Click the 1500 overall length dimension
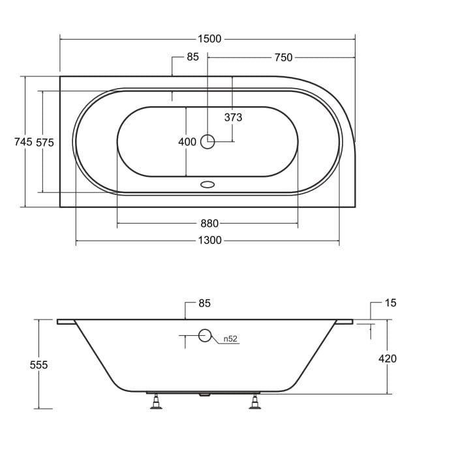(x=209, y=39)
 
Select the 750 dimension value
(x=283, y=57)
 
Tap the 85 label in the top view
(x=192, y=57)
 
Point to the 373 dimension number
(x=234, y=117)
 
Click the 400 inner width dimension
(x=187, y=141)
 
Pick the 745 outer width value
(x=23, y=142)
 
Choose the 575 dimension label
(x=45, y=143)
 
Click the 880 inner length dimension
(x=209, y=224)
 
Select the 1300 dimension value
(x=209, y=240)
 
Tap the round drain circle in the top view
(x=207, y=141)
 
